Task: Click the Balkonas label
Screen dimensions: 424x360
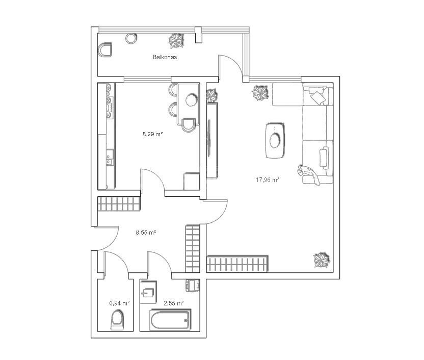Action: click(x=165, y=57)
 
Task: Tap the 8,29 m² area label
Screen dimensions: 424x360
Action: click(x=152, y=134)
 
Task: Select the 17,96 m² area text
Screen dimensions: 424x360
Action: click(x=267, y=179)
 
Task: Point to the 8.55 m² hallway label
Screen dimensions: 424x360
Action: click(x=146, y=233)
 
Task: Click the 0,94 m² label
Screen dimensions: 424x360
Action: click(x=119, y=303)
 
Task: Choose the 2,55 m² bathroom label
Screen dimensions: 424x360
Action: click(x=174, y=303)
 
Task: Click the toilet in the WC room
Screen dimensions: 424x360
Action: click(x=117, y=320)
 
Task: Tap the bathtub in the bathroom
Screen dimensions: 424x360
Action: click(x=170, y=320)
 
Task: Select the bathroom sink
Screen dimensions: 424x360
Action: click(x=148, y=293)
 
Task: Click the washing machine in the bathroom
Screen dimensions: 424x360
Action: click(x=193, y=286)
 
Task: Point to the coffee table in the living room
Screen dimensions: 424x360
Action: click(x=275, y=140)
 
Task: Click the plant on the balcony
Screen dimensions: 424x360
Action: click(x=176, y=41)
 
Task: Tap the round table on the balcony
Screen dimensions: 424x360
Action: click(x=131, y=38)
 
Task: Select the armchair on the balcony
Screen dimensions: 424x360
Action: click(x=105, y=50)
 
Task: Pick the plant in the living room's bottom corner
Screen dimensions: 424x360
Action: click(x=322, y=260)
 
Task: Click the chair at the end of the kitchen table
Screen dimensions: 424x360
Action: click(x=189, y=125)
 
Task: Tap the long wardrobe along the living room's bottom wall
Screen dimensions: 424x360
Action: click(x=237, y=264)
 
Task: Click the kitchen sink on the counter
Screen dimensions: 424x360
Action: click(x=109, y=158)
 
